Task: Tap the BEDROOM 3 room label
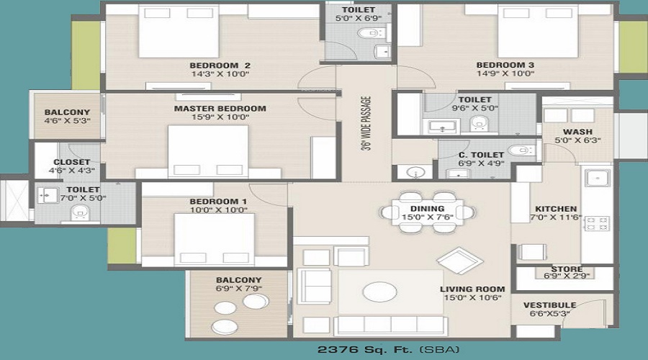505,64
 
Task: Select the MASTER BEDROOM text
220,109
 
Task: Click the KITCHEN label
551,208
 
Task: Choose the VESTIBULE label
549,305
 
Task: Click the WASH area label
577,132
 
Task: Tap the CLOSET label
71,162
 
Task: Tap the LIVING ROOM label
472,289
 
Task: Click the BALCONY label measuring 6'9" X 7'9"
238,279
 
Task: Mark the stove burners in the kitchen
598,223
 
